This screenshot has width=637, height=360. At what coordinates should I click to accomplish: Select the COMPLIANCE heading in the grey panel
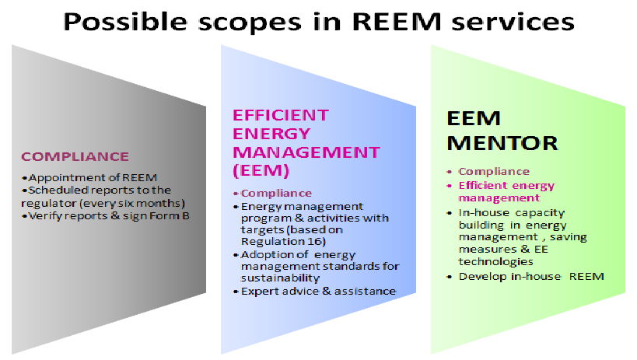pyautogui.click(x=75, y=156)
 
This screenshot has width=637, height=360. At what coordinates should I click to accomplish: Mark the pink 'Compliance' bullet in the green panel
pyautogui.click(x=494, y=171)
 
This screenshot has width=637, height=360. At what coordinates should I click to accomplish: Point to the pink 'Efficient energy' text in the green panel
pyautogui.click(x=506, y=185)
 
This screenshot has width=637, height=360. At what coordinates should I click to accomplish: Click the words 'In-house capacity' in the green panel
pyautogui.click(x=511, y=212)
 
